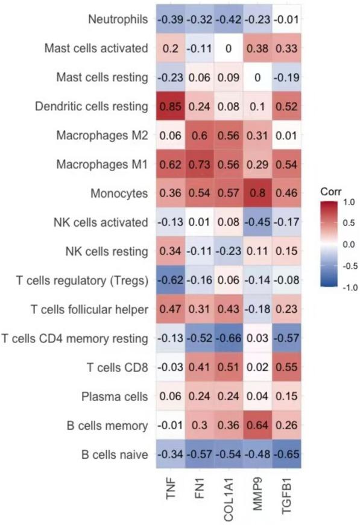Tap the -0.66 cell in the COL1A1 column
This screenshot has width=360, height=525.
(227, 338)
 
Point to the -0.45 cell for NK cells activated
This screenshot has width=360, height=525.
(255, 222)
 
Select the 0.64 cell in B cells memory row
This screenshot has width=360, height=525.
(255, 425)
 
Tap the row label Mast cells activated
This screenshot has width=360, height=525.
(96, 49)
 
